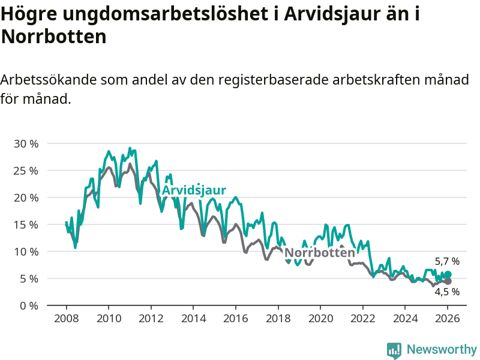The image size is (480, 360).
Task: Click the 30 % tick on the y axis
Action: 25,143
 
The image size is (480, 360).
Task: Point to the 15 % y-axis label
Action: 25,224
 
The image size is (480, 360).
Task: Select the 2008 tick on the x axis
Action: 65,318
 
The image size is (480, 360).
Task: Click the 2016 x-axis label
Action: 235,318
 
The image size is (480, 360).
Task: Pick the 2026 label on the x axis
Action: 448,318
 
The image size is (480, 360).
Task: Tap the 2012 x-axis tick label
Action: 151,318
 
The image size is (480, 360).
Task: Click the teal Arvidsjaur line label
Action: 194,190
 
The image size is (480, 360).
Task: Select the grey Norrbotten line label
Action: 320,253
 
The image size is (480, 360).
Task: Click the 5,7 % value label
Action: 447,262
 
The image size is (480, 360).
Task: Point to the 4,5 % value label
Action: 447,292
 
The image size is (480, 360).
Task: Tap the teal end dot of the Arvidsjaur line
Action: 448,275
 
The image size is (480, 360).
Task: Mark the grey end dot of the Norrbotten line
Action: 448,281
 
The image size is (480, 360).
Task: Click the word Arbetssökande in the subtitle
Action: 49,80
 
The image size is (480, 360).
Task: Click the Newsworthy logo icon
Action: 394,350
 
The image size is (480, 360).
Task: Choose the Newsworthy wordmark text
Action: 442,350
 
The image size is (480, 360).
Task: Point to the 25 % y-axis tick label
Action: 25,170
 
